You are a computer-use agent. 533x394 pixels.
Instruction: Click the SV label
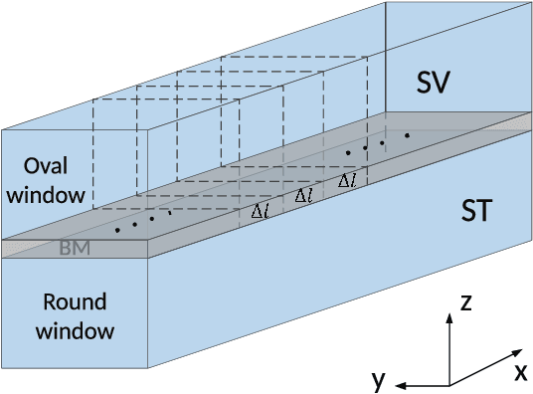(x=435, y=84)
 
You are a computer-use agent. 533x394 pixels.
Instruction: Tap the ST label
(x=481, y=211)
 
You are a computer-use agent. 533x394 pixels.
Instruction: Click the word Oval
(x=44, y=165)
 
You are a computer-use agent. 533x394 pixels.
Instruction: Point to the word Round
(x=59, y=302)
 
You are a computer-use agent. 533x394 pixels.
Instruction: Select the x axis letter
(x=519, y=372)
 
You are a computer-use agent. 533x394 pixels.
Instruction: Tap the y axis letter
(x=377, y=379)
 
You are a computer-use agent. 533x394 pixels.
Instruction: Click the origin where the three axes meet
(x=448, y=384)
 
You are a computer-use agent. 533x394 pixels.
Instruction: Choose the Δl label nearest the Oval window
(x=259, y=211)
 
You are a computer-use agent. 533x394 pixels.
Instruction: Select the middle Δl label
(x=303, y=196)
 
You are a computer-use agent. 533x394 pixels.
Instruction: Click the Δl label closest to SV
(x=347, y=181)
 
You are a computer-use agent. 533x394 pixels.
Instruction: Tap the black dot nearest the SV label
(x=407, y=134)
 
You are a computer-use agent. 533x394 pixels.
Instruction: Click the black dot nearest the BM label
(x=117, y=231)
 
